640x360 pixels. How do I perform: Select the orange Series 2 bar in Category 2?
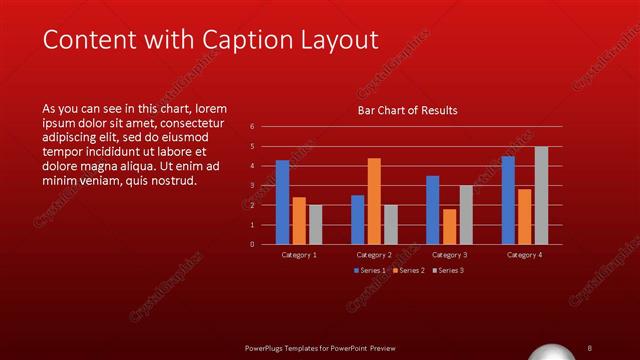[x=374, y=201]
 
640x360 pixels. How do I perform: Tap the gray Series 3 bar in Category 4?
[x=541, y=195]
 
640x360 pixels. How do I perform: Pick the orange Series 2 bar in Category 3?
[x=449, y=226]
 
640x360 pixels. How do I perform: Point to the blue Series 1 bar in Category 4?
[x=508, y=200]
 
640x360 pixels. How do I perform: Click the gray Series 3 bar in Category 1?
[x=316, y=224]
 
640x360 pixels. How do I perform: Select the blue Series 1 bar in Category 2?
[x=358, y=219]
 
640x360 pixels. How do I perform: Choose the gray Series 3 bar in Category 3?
[x=466, y=214]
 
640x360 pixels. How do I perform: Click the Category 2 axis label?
[x=374, y=255]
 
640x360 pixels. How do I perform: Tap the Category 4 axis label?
[x=524, y=255]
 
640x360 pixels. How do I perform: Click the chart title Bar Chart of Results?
[x=408, y=111]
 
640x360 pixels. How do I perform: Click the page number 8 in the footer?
[x=590, y=347]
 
